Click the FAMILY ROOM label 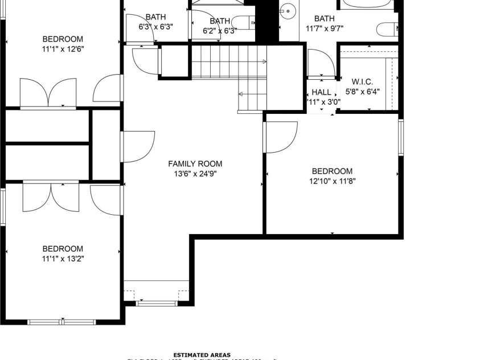pos(195,163)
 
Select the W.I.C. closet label pos(362,81)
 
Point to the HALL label pos(321,92)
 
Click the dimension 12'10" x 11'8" pos(332,181)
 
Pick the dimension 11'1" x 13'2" pos(63,259)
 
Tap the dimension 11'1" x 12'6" pos(63,49)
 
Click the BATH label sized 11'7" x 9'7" pos(325,18)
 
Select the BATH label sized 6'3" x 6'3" pos(155,17)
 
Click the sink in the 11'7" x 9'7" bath pos(289,10)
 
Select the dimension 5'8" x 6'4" pos(362,91)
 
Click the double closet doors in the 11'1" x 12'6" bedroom pos(48,92)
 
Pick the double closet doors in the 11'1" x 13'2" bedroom pos(51,197)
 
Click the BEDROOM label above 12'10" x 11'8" pos(332,171)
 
